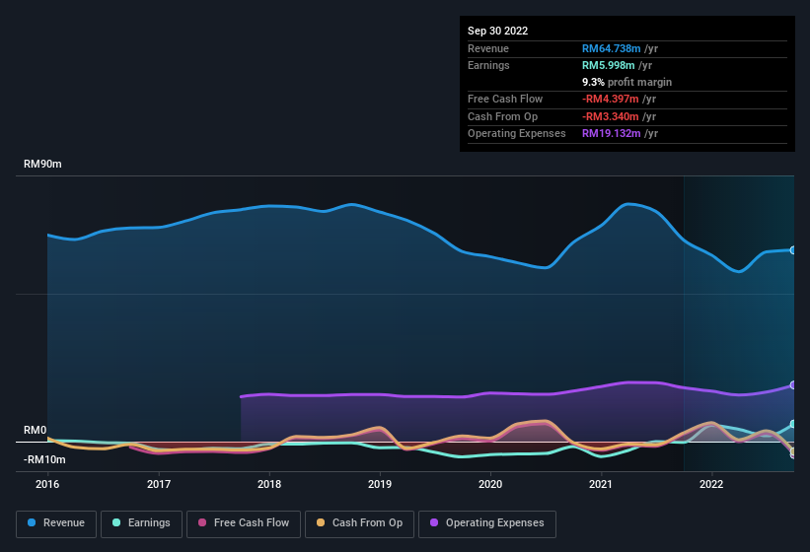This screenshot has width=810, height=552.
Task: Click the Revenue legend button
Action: point(57,522)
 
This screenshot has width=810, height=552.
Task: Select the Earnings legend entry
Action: point(141,522)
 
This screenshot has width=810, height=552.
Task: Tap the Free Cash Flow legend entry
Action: point(243,522)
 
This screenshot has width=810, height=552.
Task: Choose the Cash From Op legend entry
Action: point(358,522)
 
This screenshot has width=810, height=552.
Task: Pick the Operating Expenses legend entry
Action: point(486,522)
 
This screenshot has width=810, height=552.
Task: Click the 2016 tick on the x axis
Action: point(47,484)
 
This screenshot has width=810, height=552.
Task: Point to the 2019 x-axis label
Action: point(380,484)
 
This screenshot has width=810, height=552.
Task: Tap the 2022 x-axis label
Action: point(711,484)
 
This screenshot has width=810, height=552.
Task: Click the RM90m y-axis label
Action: point(42,165)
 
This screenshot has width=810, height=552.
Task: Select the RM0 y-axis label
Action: point(35,431)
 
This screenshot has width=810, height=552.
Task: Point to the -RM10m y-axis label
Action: point(44,459)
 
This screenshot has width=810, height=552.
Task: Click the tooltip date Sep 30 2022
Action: point(498,31)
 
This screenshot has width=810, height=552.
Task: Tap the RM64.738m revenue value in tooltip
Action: point(620,48)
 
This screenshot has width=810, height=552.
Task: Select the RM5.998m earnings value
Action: point(616,65)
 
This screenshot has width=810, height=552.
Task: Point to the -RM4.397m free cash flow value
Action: point(620,100)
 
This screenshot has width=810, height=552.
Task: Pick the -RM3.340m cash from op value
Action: point(620,116)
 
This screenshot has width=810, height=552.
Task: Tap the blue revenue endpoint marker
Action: point(793,250)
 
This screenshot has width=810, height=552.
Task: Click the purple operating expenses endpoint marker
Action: point(793,385)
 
